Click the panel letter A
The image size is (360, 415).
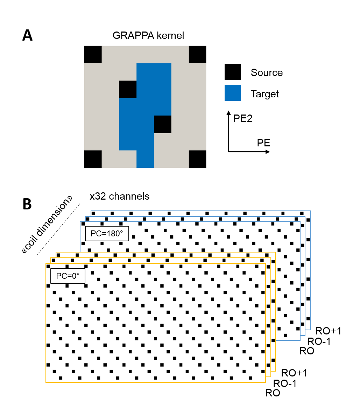28,35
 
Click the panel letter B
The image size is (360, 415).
27,204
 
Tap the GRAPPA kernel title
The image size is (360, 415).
148,35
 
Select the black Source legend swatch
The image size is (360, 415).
233,72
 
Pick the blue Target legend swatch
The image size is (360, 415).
233,93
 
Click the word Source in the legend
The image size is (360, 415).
267,72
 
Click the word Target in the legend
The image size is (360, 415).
265,94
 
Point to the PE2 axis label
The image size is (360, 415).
243,118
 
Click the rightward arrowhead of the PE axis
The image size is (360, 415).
268,152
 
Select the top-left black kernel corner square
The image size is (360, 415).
93,55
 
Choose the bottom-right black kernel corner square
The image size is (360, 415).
197,159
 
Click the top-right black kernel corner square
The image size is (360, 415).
197,55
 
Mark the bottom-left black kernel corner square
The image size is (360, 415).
93,159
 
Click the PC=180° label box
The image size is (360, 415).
107,234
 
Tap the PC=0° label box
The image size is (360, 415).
68,276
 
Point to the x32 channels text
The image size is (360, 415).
119,196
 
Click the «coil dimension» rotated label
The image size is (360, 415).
47,225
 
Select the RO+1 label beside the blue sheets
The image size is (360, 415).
328,331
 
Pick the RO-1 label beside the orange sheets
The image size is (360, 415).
285,383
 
